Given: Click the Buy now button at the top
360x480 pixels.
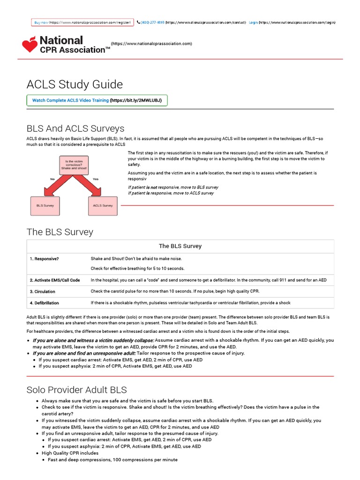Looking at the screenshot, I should pyautogui.click(x=41, y=22).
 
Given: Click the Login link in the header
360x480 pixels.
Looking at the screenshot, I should pyautogui.click(x=253, y=22).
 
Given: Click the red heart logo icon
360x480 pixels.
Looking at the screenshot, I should pyautogui.click(x=30, y=45).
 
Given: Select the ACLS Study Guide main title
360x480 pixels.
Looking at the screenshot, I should pyautogui.click(x=75, y=84).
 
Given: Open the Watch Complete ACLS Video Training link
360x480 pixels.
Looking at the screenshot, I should pyautogui.click(x=70, y=100).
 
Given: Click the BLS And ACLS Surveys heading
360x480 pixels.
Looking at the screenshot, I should pyautogui.click(x=75, y=128).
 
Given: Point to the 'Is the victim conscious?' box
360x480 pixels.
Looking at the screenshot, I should pyautogui.click(x=74, y=165).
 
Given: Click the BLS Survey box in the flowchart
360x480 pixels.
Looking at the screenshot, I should pyautogui.click(x=45, y=205).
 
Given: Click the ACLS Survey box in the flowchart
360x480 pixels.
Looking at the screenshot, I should pyautogui.click(x=102, y=205).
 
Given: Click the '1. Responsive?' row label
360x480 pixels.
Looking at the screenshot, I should pyautogui.click(x=45, y=259).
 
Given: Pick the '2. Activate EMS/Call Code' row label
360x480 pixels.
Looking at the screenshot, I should pyautogui.click(x=55, y=280).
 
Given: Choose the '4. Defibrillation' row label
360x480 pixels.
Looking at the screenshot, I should pyautogui.click(x=45, y=303).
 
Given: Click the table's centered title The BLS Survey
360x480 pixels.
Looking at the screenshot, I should pyautogui.click(x=180, y=246).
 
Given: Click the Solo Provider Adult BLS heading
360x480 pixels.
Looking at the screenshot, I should pyautogui.click(x=76, y=390).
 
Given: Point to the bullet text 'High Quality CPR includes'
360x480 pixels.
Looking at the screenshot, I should pyautogui.click(x=70, y=453).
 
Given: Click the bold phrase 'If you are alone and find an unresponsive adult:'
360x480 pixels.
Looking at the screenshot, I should pyautogui.click(x=84, y=353).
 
